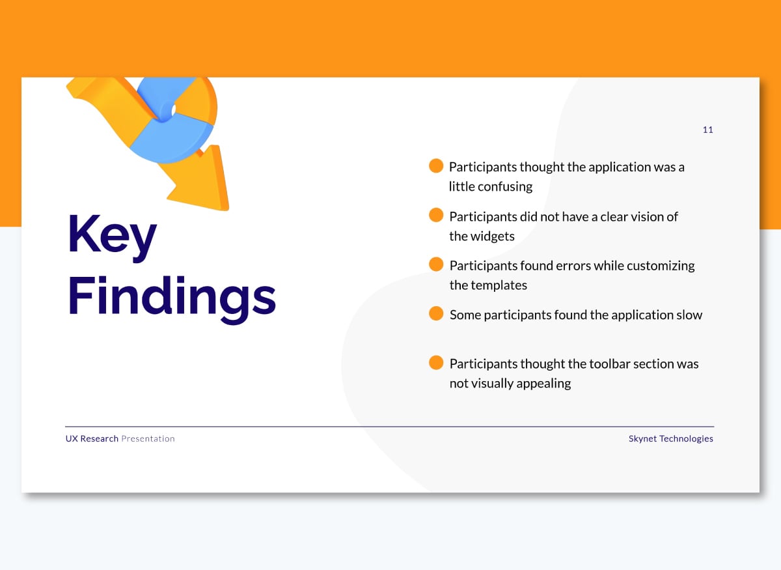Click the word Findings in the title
pos(172,297)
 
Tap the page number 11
pos(707,130)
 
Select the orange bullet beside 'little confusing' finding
pos(436,166)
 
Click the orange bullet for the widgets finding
pos(436,216)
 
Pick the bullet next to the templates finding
pos(436,264)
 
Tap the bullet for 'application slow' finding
pos(436,314)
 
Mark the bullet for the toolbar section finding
pos(436,363)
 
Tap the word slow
pos(689,315)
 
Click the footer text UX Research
pos(92,439)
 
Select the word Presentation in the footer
pos(148,439)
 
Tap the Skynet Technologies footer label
pos(670,439)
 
